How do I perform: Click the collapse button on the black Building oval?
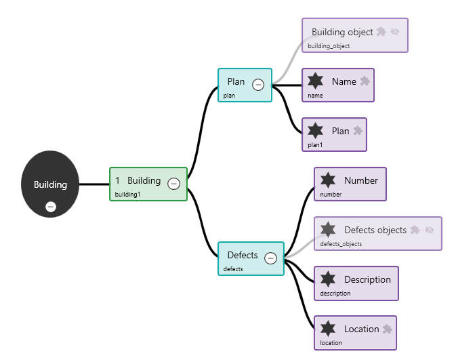[51, 207]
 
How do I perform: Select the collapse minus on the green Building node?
[173, 184]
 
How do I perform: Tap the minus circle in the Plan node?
[258, 85]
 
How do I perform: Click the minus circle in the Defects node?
[270, 258]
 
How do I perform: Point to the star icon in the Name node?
[315, 81]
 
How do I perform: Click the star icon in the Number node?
[328, 180]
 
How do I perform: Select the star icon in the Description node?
[328, 279]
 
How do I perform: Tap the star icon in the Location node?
[328, 329]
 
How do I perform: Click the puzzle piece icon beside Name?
[365, 81]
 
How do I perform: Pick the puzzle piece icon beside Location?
[387, 329]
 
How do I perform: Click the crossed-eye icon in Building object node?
[395, 32]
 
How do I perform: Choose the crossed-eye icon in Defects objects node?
[429, 230]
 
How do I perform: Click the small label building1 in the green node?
[127, 195]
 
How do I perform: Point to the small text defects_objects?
[341, 244]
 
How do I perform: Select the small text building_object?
[329, 46]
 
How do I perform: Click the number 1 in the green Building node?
[117, 180]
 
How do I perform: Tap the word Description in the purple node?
[367, 279]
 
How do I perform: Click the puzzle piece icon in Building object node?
[381, 31]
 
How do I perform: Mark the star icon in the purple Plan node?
[315, 131]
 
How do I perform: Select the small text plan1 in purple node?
[315, 145]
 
